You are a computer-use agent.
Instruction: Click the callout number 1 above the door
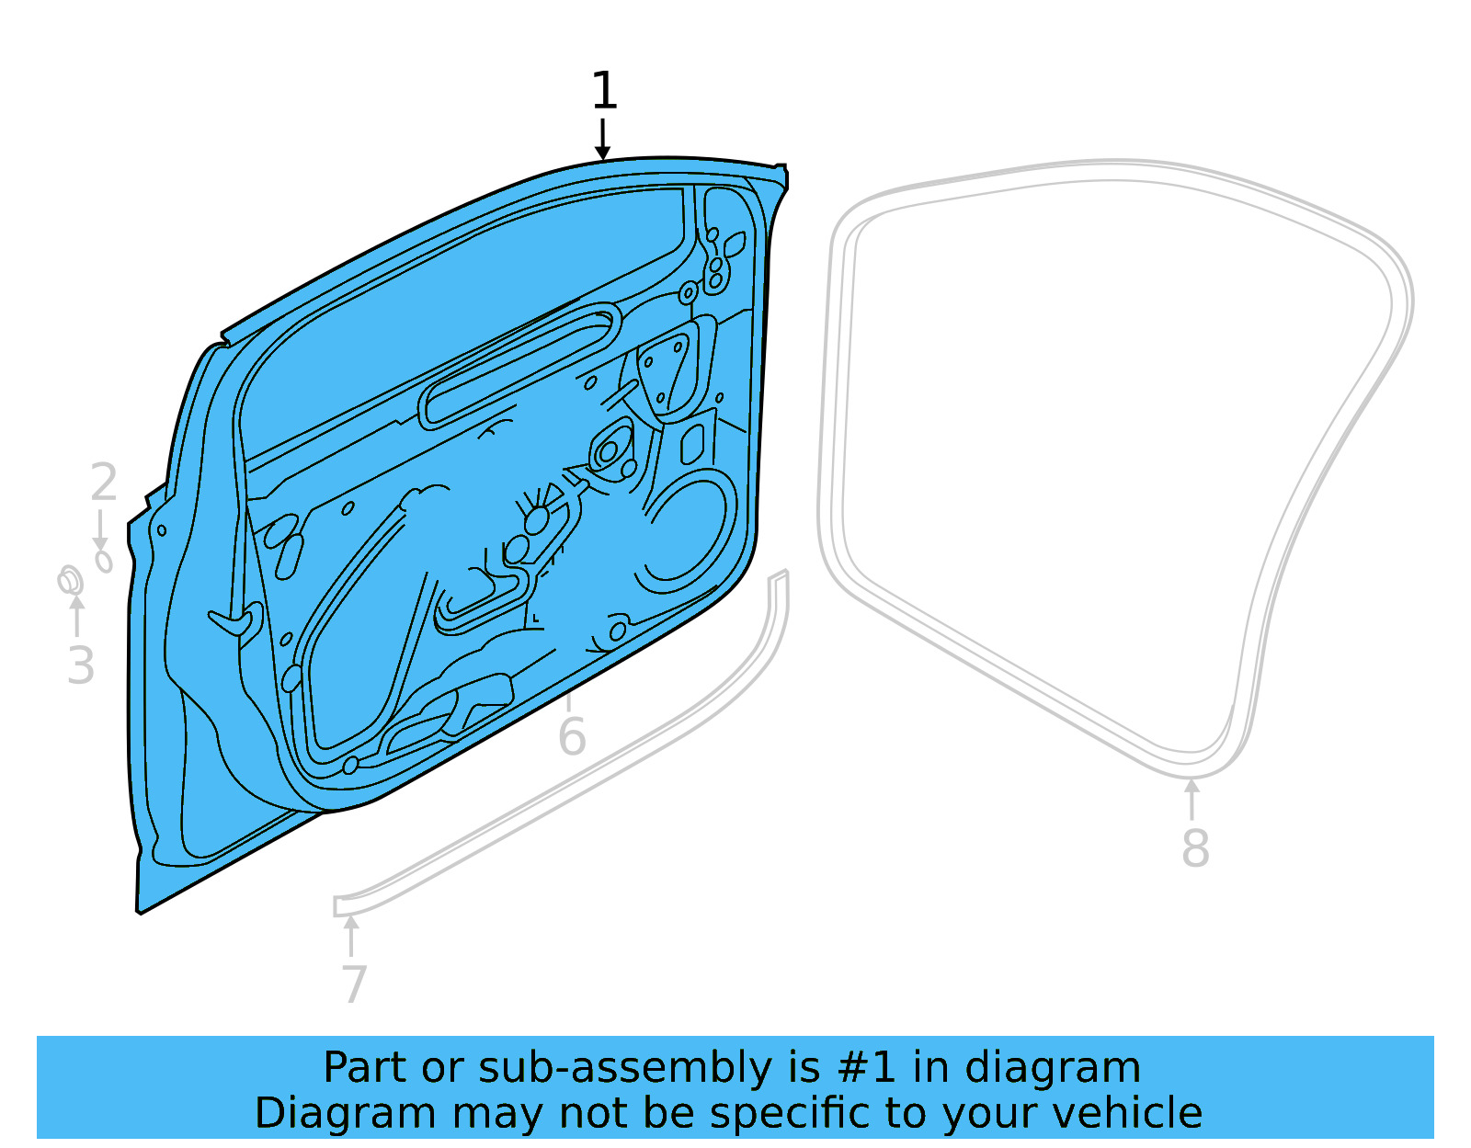click(603, 92)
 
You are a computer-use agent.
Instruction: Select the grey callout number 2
click(104, 483)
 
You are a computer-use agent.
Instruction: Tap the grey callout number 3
click(81, 665)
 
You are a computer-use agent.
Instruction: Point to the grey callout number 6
click(572, 737)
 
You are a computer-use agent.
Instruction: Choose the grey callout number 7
click(354, 984)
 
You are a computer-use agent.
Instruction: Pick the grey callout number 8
click(1194, 847)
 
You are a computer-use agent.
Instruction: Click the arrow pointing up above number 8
click(1192, 798)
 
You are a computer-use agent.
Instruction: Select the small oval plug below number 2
click(104, 560)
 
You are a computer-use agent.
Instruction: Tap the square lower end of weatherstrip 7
click(343, 906)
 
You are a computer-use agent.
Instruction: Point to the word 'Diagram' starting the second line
click(307, 1113)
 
